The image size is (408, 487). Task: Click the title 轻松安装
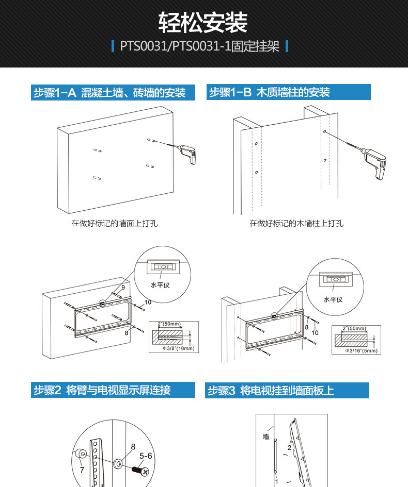tap(203, 23)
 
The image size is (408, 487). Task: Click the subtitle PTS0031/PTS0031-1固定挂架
tap(199, 46)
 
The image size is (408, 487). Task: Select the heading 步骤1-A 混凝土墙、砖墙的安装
tap(109, 93)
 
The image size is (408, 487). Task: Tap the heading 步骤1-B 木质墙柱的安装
tap(269, 92)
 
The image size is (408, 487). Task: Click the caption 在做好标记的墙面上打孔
tap(115, 223)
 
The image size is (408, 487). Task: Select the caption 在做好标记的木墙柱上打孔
tap(296, 223)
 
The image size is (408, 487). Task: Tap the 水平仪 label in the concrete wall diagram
tap(160, 285)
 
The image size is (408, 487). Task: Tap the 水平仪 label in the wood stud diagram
tap(333, 299)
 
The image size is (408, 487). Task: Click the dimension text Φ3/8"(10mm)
tap(179, 348)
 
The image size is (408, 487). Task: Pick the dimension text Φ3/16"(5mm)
tap(362, 350)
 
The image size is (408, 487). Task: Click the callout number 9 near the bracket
tap(123, 288)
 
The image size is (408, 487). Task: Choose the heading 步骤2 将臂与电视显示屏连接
tap(102, 390)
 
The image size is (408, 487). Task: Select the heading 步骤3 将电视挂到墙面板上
tap(271, 391)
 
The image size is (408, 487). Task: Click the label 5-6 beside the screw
tap(146, 456)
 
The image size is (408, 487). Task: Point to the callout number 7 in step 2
tap(82, 470)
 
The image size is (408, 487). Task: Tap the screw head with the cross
tap(145, 472)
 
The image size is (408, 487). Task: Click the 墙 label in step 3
tap(266, 436)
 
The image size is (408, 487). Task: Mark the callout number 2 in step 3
tap(289, 447)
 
